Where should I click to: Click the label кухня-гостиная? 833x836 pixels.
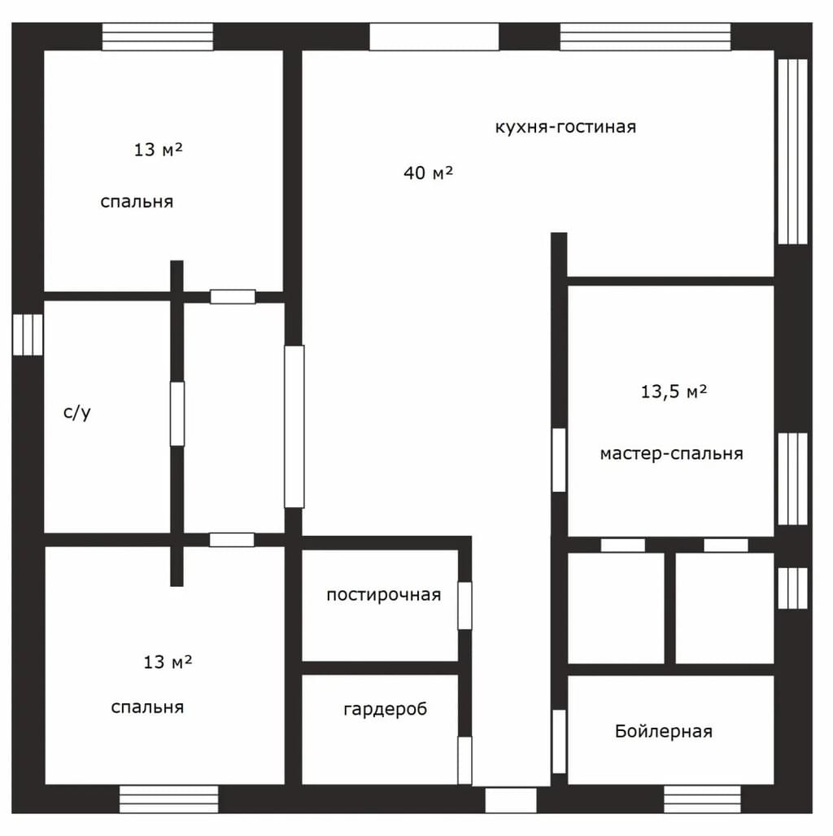click(x=565, y=127)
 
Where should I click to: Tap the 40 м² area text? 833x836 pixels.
click(x=428, y=173)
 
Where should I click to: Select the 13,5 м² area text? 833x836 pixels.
click(x=674, y=392)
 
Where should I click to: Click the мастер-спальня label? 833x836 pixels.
click(x=671, y=453)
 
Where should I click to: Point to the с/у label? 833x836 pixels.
click(x=77, y=412)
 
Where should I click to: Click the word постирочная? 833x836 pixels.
click(x=384, y=594)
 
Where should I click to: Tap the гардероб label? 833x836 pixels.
click(x=386, y=709)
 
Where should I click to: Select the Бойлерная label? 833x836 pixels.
click(x=664, y=731)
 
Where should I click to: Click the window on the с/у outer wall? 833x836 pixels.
click(x=28, y=335)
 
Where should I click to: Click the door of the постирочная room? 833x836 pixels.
click(x=464, y=606)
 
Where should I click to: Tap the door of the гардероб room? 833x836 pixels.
click(x=464, y=760)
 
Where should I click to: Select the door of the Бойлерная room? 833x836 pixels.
click(x=559, y=741)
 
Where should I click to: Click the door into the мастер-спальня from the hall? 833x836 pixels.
click(x=559, y=460)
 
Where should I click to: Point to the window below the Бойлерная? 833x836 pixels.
click(x=702, y=799)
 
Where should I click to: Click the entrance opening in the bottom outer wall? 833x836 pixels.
click(x=511, y=800)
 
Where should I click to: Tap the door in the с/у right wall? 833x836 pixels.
click(x=177, y=414)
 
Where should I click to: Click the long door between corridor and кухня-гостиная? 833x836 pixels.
click(x=294, y=427)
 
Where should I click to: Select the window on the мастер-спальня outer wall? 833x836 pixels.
click(x=792, y=479)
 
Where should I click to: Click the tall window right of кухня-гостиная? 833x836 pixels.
click(x=792, y=151)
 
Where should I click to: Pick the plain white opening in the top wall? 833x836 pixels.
click(x=434, y=37)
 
